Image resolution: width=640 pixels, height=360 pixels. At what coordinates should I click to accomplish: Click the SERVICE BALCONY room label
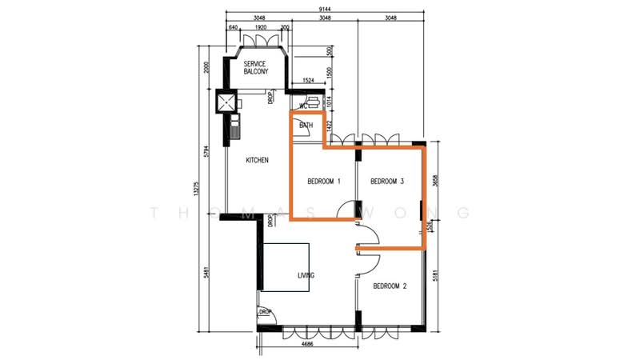pyautogui.click(x=257, y=67)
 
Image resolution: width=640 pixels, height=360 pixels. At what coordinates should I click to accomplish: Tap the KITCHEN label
pyautogui.click(x=257, y=161)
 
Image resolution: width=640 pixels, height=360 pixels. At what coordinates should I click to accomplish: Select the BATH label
pyautogui.click(x=306, y=126)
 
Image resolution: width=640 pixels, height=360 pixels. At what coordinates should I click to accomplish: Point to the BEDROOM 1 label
pyautogui.click(x=324, y=182)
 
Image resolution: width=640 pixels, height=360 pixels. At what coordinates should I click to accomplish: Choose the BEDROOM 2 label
pyautogui.click(x=390, y=285)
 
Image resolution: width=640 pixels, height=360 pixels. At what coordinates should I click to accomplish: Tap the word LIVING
pyautogui.click(x=306, y=276)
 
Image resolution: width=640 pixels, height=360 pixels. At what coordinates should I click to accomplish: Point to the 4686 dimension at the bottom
pyautogui.click(x=306, y=345)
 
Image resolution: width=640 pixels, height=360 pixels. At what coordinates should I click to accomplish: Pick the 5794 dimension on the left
pyautogui.click(x=206, y=150)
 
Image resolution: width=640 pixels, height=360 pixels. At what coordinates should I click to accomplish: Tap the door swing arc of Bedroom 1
pyautogui.click(x=346, y=210)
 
